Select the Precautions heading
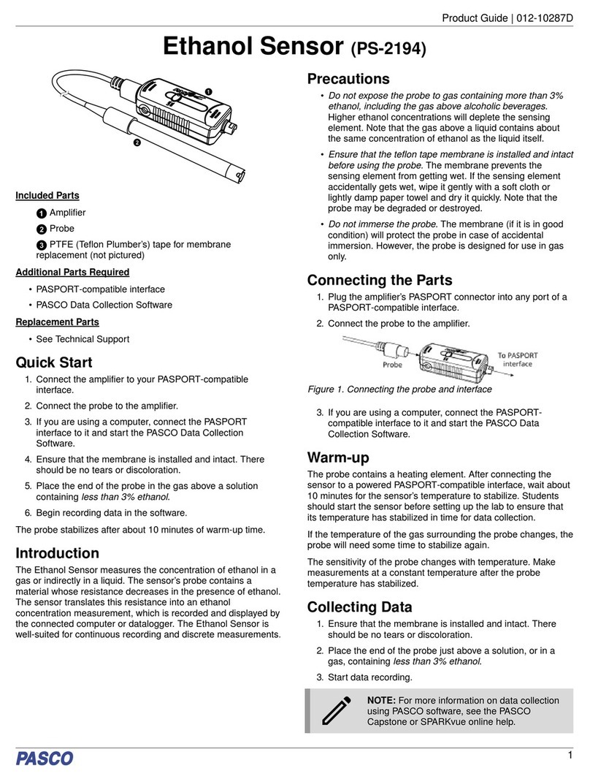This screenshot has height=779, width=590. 348,79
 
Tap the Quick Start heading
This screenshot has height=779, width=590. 54,362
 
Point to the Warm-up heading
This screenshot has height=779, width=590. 338,458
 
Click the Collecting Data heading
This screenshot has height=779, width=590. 360,607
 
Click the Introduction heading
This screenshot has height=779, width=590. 58,553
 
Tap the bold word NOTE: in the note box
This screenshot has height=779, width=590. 382,700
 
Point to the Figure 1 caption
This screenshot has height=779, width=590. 399,389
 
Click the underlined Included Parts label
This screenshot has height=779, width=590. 47,196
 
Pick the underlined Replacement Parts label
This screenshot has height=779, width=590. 57,322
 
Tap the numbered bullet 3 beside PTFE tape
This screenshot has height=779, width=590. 42,245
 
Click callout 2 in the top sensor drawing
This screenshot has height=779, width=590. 136,143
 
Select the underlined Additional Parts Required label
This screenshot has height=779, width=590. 72,272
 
